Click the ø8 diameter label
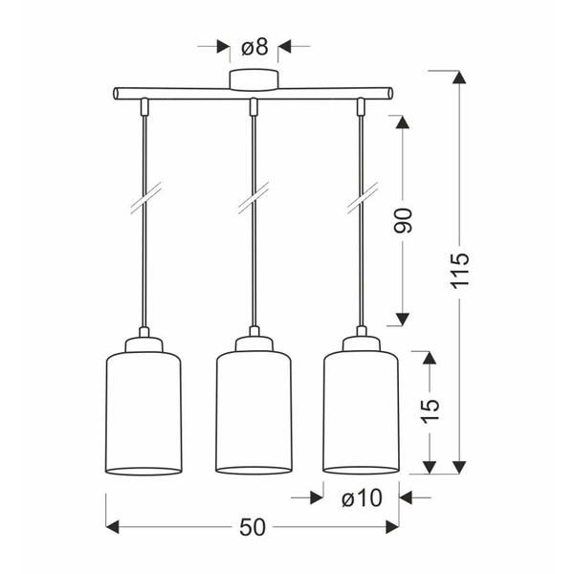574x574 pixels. (254, 48)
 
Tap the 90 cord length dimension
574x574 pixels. (403, 220)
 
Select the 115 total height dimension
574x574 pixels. (459, 270)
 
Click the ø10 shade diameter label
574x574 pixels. (362, 498)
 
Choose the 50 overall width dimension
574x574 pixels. (253, 527)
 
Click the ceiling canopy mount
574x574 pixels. (254, 79)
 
